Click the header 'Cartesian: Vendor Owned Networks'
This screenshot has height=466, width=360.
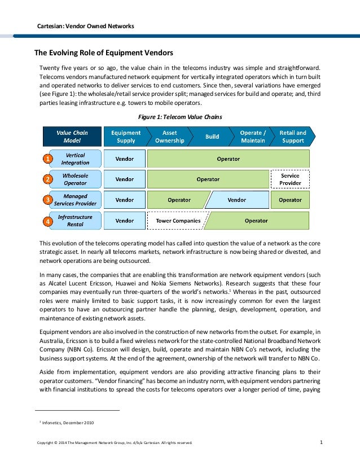coord(85,26)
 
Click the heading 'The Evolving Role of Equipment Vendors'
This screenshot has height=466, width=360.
coord(104,54)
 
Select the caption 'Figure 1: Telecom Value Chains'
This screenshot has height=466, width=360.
coord(180,117)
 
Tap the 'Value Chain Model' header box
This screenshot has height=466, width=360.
coord(72,136)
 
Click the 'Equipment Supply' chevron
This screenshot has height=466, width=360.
coord(125,136)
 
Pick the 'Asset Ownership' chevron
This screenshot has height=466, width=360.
coord(169,136)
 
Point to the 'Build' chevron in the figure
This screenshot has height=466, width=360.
coord(212,136)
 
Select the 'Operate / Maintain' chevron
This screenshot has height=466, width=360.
coord(252,136)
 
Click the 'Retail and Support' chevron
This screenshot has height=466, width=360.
coord(293,136)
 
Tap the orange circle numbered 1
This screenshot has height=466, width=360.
coord(49,160)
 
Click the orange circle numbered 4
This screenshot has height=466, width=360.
coord(49,222)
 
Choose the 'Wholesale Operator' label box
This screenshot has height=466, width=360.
coord(76,179)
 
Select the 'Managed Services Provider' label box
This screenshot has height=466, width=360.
coord(76,200)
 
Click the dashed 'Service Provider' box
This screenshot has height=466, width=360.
coord(290,179)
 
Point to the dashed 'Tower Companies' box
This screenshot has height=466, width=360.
coord(178,221)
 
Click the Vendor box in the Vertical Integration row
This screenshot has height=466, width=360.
coord(125,159)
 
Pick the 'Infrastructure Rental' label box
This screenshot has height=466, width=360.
coord(76,221)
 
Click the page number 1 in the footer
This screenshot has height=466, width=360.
coord(321,442)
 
